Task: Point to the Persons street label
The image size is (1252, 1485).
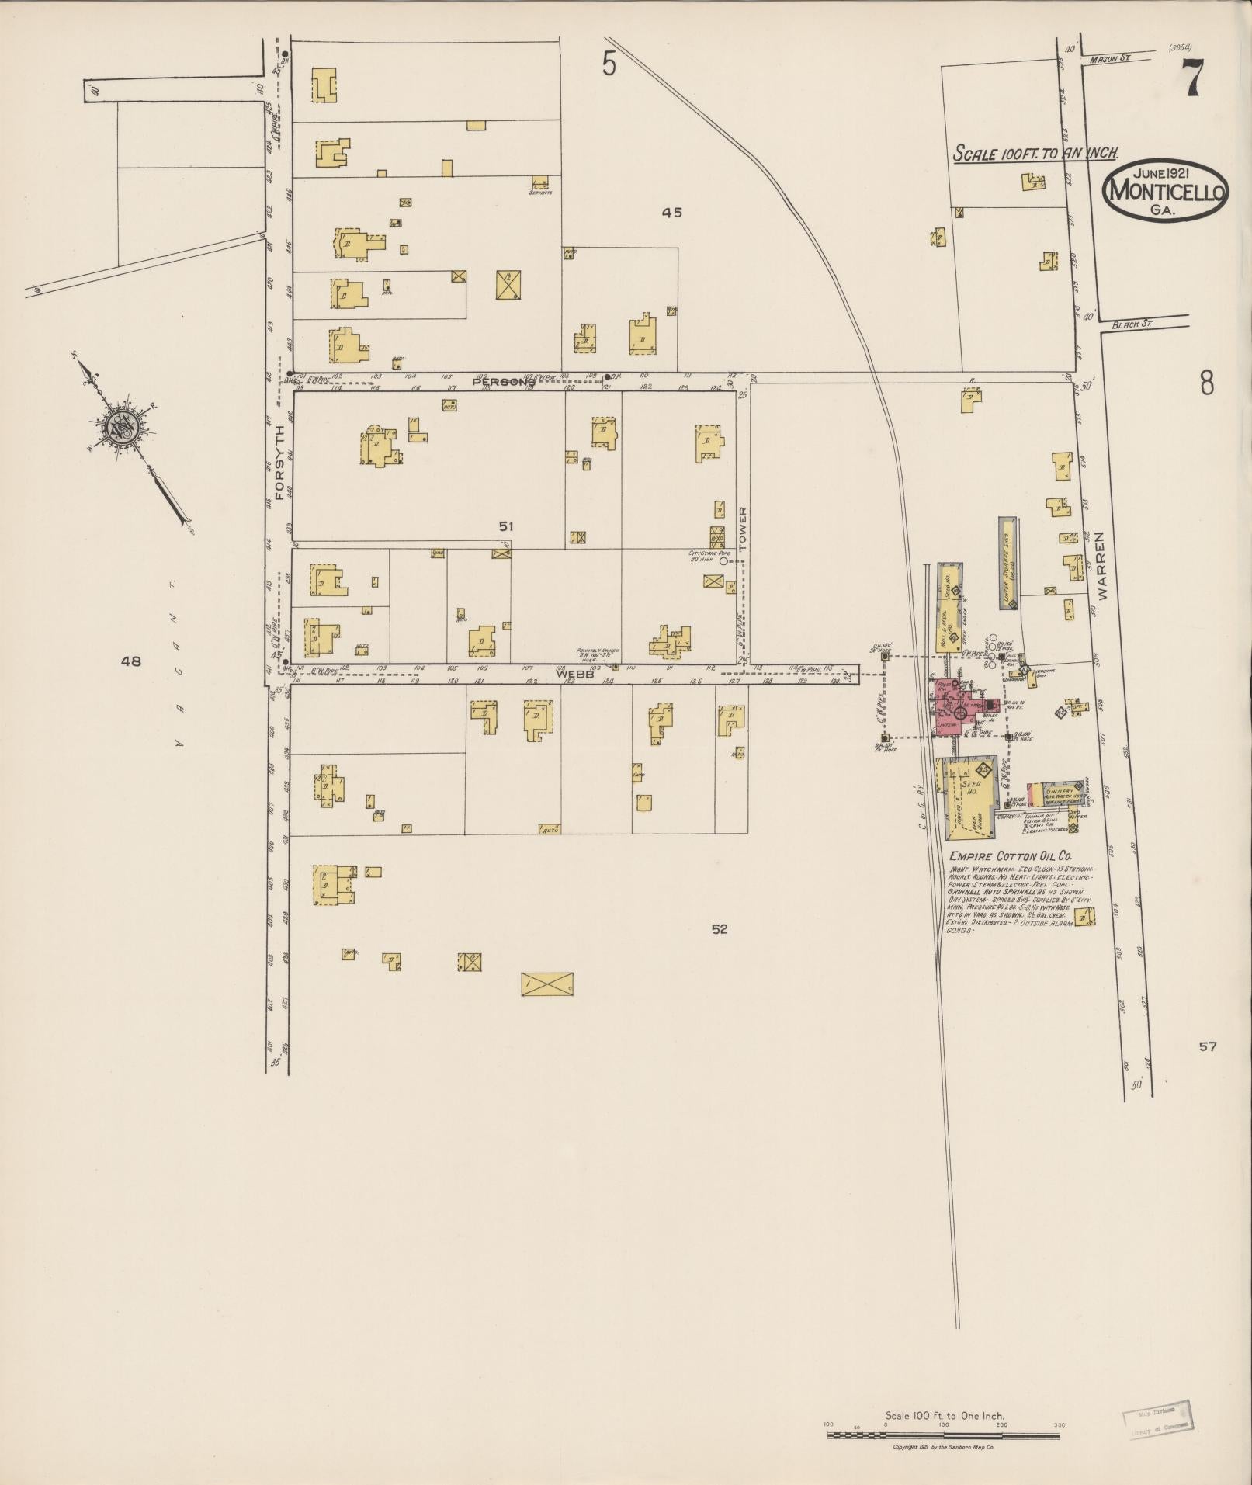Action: click(x=504, y=381)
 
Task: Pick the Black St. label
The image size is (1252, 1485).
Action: click(x=1129, y=324)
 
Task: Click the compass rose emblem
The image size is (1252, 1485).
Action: click(x=123, y=425)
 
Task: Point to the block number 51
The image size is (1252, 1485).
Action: click(x=505, y=526)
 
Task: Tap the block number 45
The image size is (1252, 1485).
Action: click(x=671, y=212)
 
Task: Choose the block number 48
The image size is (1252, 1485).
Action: click(x=131, y=661)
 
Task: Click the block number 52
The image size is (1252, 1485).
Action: click(x=719, y=928)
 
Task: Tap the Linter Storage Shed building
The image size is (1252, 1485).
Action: click(x=1007, y=564)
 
